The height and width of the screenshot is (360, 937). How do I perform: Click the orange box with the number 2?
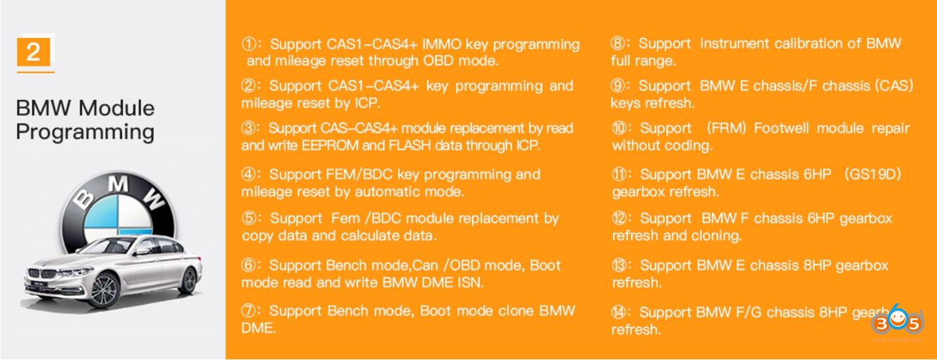click(33, 52)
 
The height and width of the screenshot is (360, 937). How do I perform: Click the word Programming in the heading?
click(86, 132)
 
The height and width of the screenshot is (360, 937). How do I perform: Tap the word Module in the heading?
click(117, 108)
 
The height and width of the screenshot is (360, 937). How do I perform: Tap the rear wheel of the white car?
click(188, 280)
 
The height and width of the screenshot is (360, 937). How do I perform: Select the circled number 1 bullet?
click(249, 44)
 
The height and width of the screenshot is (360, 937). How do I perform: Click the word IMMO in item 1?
click(441, 44)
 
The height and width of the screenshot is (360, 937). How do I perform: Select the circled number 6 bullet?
click(248, 265)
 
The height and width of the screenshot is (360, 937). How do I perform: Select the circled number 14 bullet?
click(619, 312)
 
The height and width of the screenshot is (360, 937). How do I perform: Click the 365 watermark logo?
click(897, 321)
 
